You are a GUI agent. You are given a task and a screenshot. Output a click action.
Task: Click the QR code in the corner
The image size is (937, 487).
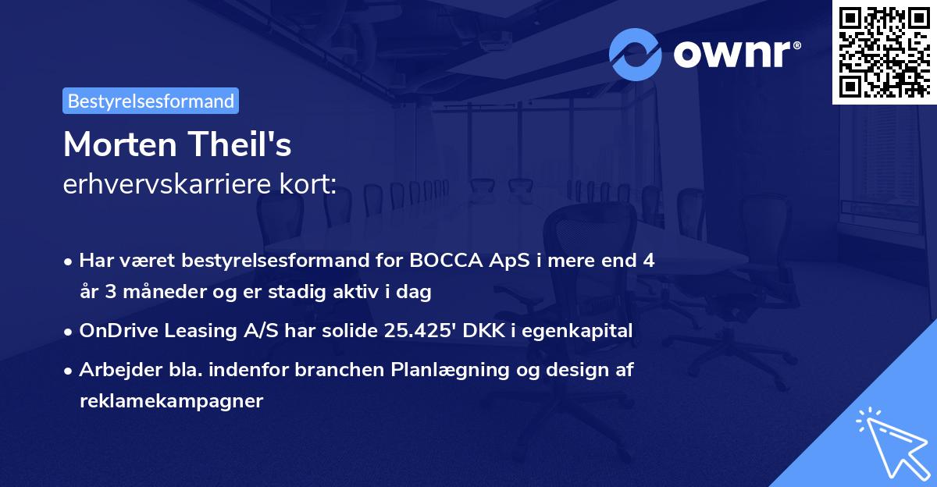884,52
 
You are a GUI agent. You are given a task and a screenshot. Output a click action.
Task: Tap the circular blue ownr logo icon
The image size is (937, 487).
636,55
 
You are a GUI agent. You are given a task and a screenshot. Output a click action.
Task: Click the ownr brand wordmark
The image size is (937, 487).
737,54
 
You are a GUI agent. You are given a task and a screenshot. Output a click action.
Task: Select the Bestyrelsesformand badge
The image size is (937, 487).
151,101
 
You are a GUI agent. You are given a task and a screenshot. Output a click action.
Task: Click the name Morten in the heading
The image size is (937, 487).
120,144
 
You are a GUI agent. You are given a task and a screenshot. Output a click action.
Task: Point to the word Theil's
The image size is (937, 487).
240,144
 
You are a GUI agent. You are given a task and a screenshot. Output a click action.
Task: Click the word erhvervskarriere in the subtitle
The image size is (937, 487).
167,183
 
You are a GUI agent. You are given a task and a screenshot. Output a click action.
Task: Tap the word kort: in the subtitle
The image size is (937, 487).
308,183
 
